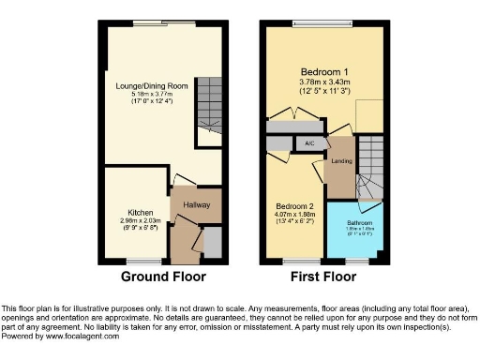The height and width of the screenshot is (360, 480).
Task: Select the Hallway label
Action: [x=196, y=205]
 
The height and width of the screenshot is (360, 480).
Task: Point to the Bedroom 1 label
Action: [x=322, y=72]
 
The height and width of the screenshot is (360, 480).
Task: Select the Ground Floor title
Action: [x=164, y=277]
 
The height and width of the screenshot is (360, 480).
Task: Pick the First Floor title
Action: [x=324, y=277]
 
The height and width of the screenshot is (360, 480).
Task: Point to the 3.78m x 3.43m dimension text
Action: [x=322, y=82]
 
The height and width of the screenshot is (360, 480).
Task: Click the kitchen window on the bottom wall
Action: [x=142, y=261]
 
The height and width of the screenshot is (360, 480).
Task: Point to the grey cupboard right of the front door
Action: [x=213, y=242]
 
